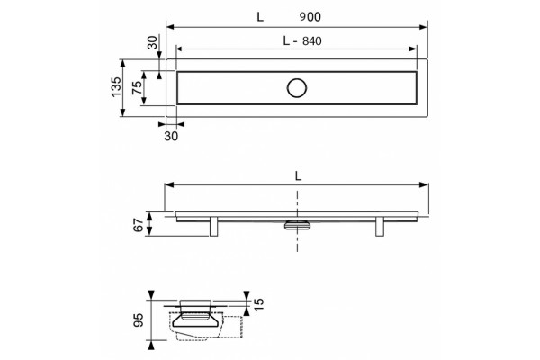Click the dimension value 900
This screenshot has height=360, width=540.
pos(310,16)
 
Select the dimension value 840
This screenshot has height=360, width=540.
pos(312,41)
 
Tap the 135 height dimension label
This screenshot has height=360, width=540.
pos(116,87)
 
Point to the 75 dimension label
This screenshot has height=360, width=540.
pos(137,87)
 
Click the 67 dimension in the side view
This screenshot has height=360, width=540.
pos(138,225)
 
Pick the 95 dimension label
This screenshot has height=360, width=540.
pos(138,319)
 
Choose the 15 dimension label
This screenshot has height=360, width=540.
pos(259,304)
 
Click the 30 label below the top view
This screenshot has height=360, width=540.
pos(171,136)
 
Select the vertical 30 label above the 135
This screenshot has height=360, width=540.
pos(152,42)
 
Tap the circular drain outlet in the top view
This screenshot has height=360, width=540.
pos(296,88)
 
